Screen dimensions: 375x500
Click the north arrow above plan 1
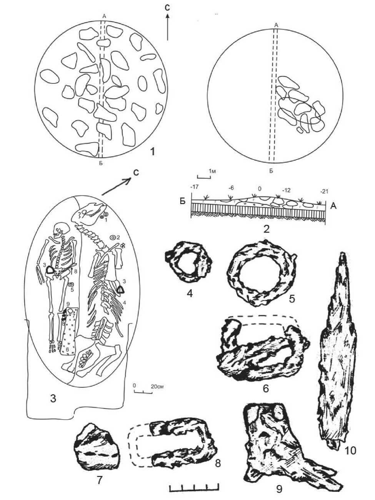[168, 27]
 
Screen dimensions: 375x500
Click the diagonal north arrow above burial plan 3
[116, 187]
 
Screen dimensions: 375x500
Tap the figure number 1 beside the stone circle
[152, 151]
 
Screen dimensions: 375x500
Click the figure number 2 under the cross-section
[266, 229]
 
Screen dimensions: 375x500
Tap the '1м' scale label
[212, 171]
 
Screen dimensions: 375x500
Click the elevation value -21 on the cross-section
[324, 191]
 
